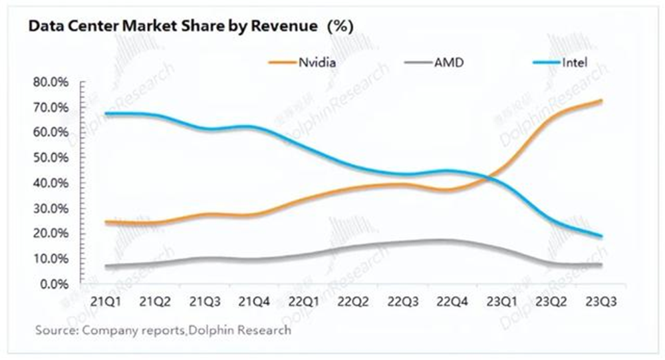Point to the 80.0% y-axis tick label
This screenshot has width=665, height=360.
51,82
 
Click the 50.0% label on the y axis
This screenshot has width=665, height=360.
51,158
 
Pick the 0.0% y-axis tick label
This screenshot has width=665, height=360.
54,284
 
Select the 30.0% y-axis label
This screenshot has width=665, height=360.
51,208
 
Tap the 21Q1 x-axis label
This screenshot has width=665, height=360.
105,301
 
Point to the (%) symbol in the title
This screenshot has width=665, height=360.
338,26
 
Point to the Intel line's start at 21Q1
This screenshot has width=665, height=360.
106,114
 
